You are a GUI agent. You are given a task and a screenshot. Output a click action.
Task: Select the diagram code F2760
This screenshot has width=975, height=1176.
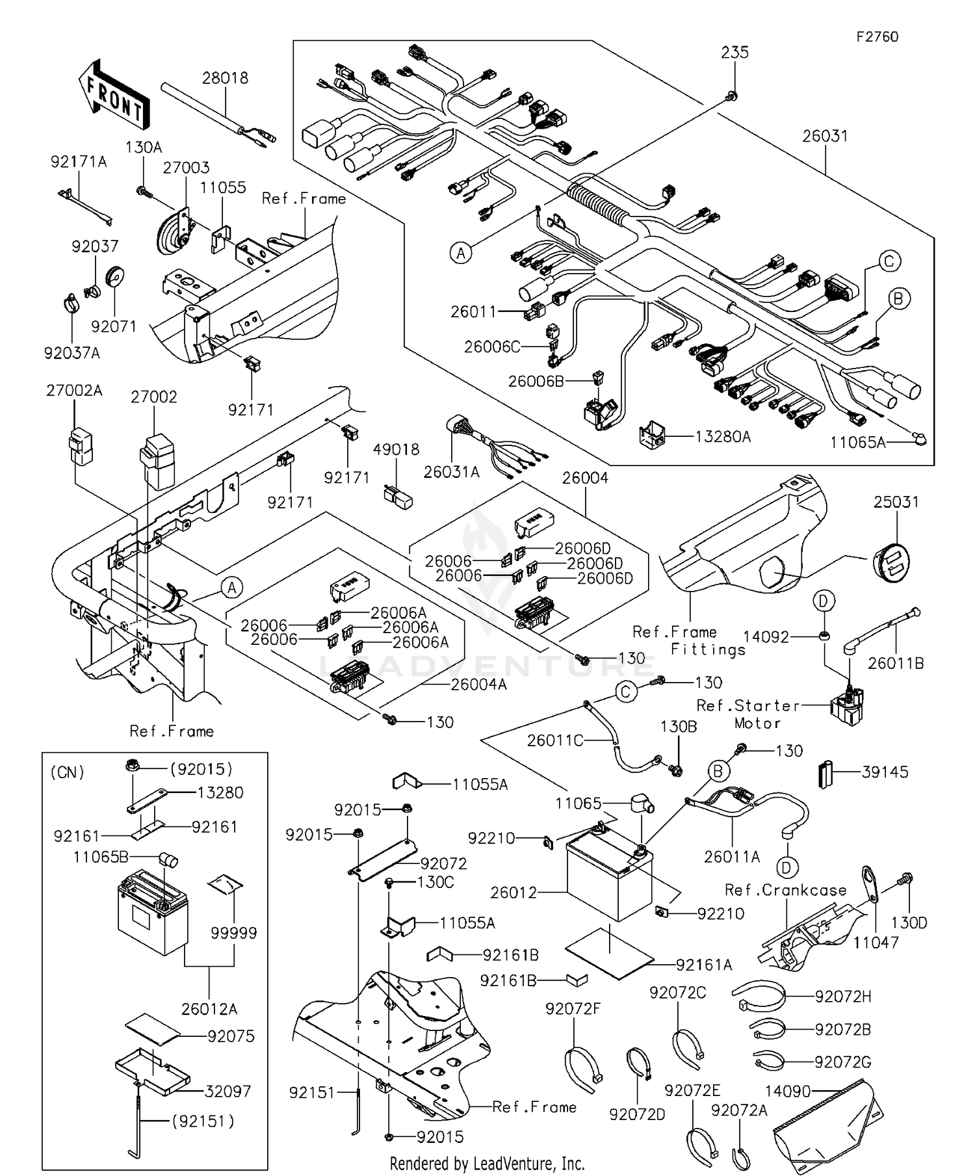pyautogui.click(x=877, y=37)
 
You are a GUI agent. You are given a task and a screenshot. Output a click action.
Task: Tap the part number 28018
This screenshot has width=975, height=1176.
pyautogui.click(x=225, y=78)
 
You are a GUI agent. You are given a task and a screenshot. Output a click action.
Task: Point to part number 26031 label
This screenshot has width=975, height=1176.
pyautogui.click(x=825, y=136)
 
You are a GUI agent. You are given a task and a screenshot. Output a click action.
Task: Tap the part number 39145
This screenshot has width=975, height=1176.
pyautogui.click(x=885, y=772)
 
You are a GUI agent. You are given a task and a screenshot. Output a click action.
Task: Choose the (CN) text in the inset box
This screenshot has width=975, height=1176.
pyautogui.click(x=67, y=772)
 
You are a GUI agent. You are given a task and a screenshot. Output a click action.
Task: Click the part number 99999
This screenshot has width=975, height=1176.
pyautogui.click(x=233, y=933)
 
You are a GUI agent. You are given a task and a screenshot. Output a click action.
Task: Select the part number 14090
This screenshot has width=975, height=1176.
pyautogui.click(x=786, y=1091)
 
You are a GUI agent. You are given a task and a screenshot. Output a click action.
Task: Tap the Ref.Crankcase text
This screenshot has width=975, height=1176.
pyautogui.click(x=785, y=890)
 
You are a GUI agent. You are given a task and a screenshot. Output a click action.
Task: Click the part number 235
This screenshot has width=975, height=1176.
pyautogui.click(x=734, y=53)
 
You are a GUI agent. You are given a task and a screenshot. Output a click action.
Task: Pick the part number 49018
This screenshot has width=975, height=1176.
pyautogui.click(x=396, y=449)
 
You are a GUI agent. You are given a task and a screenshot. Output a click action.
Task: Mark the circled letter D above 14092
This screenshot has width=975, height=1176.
pyautogui.click(x=823, y=601)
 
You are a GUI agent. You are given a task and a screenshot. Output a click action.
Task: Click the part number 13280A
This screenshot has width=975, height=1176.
pyautogui.click(x=723, y=436)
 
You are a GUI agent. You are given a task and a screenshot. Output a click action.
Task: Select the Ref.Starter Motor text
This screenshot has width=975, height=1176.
pyautogui.click(x=747, y=714)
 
